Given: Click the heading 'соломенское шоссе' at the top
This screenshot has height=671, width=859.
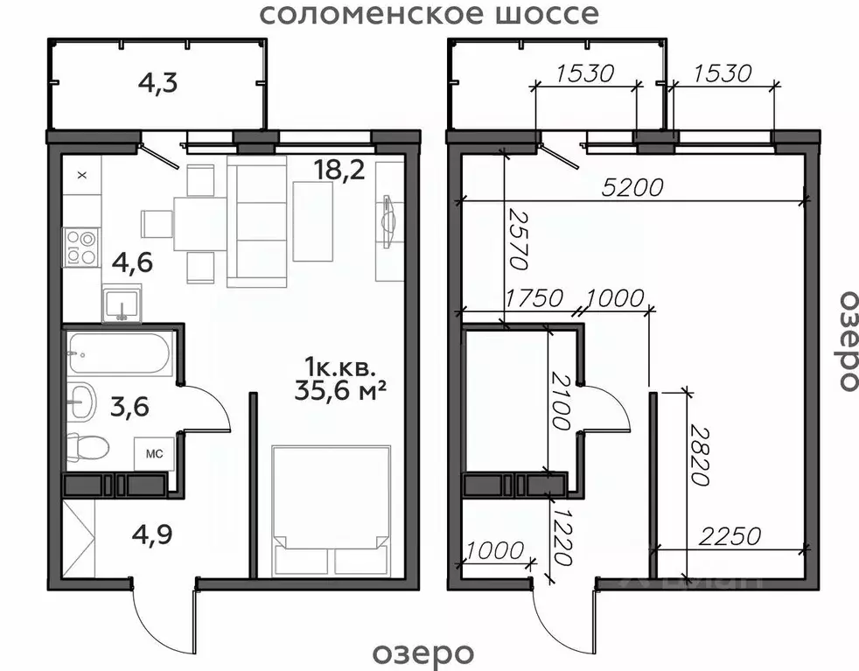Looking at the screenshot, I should (430, 15).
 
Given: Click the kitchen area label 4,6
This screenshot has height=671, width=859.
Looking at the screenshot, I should (131, 262).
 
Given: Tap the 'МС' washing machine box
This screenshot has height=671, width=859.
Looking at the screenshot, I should (154, 453).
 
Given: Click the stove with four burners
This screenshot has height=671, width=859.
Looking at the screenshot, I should (81, 247).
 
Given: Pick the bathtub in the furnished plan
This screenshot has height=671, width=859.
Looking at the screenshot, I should (119, 353).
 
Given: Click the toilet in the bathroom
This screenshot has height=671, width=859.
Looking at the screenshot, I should (87, 448).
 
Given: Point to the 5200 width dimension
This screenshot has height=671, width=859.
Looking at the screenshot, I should (633, 187).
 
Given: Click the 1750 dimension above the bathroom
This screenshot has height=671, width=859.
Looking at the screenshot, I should (534, 297).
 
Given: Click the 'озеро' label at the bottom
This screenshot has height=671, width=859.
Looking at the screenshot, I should (423, 653).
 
